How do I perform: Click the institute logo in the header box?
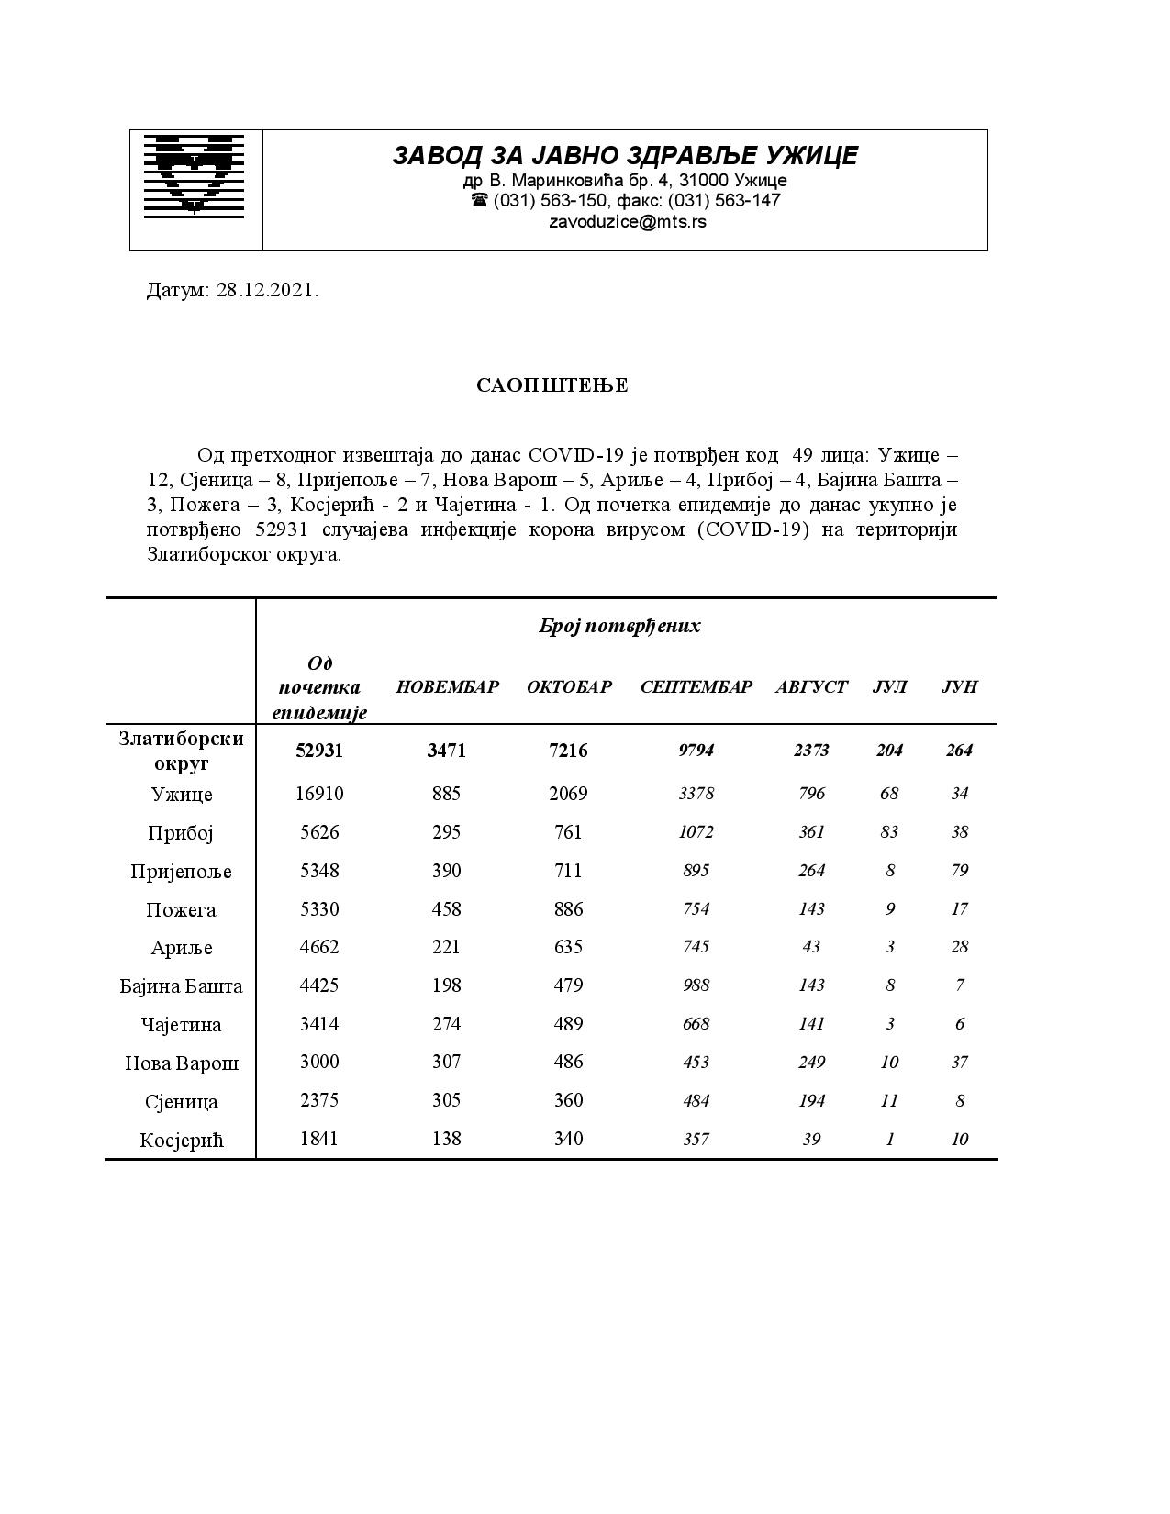195,174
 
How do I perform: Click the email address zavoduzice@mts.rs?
628,221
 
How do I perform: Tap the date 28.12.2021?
268,291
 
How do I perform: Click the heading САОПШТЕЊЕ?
552,385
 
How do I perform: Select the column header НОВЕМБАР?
447,687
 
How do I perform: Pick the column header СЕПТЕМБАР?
696,687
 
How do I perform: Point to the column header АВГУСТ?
811,687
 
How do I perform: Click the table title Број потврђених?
619,627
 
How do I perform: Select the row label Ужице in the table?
182,795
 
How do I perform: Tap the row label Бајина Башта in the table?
182,986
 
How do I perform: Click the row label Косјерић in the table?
182,1141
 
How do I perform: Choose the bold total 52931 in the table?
319,751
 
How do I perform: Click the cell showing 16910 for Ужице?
319,794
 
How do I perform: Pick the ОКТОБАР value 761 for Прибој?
569,832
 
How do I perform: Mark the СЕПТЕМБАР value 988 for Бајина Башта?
696,985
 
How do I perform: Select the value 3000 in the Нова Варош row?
319,1062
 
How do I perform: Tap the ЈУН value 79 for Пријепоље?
960,871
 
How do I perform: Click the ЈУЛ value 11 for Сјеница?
889,1100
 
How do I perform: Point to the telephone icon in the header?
479,200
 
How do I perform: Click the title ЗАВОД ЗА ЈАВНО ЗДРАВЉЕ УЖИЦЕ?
625,155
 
